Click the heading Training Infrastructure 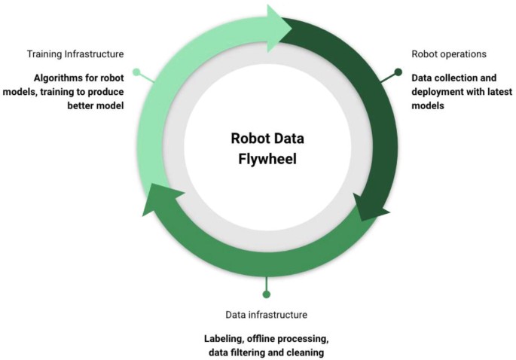(x=75, y=54)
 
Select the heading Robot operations (x=449, y=54)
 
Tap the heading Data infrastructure (x=266, y=314)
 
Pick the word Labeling (x=225, y=338)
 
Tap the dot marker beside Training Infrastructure (x=136, y=72)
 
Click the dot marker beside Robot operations (x=398, y=72)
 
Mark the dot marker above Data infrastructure (x=266, y=294)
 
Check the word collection (x=443, y=78)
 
